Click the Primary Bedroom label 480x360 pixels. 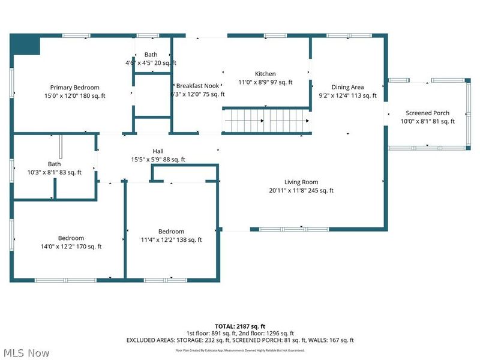click(74, 88)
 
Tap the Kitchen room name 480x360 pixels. click(265, 74)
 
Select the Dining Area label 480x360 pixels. click(348, 87)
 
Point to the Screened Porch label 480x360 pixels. click(427, 113)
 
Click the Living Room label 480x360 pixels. click(301, 182)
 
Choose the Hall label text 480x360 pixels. click(158, 151)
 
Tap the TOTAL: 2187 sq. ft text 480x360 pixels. click(240, 326)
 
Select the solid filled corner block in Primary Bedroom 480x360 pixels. click(26, 44)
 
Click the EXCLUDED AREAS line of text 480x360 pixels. click(240, 340)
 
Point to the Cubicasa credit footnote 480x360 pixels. click(240, 350)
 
